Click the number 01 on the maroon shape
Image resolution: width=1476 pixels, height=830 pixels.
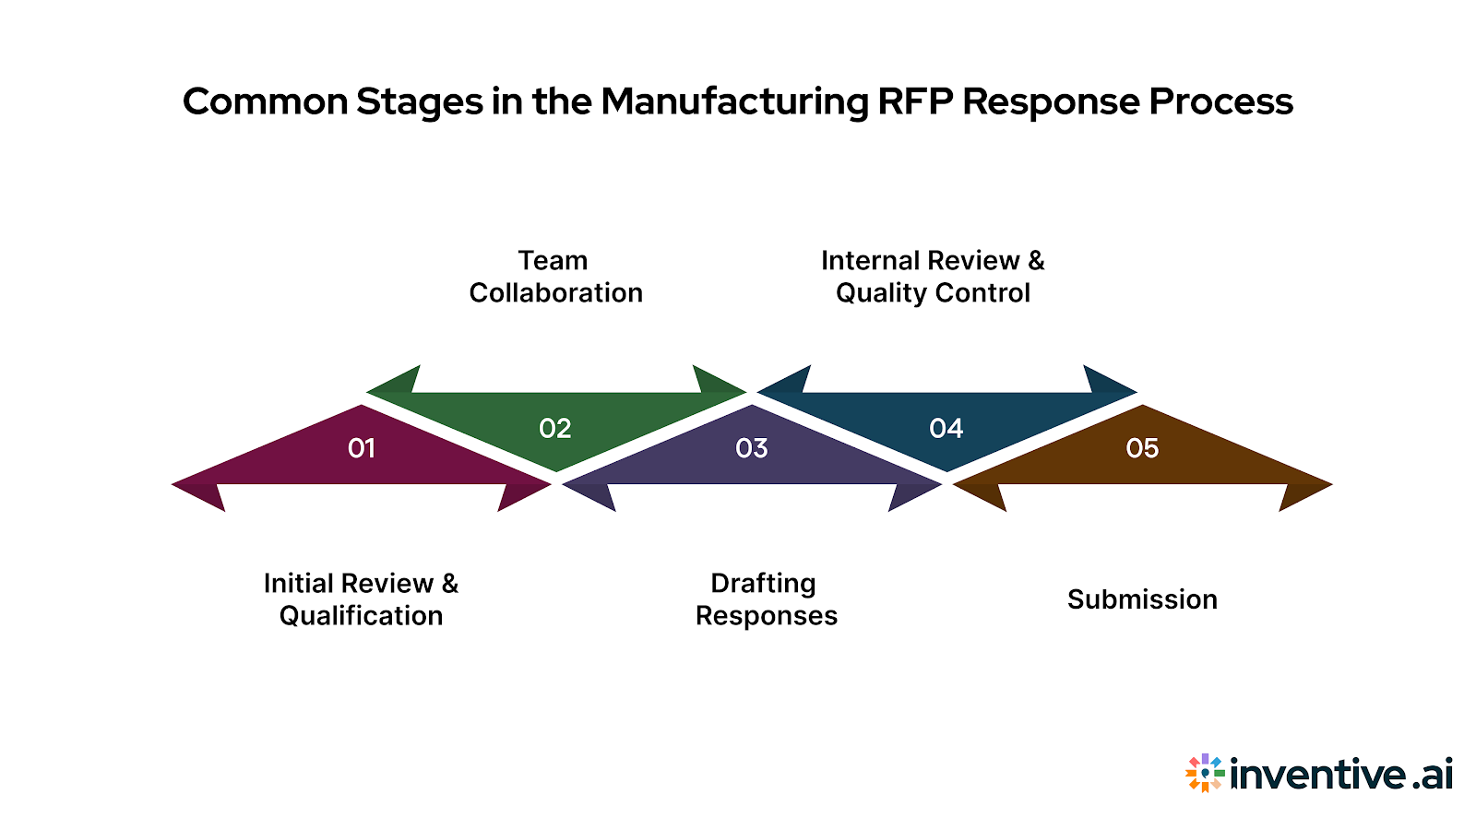[362, 448]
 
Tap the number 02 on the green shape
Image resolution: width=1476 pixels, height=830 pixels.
[555, 428]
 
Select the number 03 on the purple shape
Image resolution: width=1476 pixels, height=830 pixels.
[752, 448]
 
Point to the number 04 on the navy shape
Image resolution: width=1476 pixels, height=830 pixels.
[946, 428]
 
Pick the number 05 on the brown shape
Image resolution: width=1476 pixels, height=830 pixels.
[1142, 448]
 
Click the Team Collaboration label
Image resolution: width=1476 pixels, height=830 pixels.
[555, 277]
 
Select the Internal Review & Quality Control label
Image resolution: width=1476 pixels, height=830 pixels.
[933, 277]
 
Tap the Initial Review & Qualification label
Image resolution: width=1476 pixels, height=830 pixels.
[361, 599]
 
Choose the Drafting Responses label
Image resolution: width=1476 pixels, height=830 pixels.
[766, 599]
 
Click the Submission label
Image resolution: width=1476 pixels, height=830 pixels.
[1142, 599]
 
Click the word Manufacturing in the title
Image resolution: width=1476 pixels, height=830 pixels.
[734, 101]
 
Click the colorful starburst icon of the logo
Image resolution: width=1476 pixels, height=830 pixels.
[1205, 773]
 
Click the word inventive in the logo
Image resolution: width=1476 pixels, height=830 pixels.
[1317, 773]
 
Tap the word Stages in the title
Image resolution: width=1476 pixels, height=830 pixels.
[420, 101]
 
